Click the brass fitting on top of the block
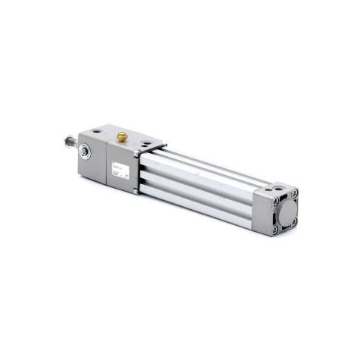click(121, 136)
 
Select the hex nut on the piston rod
click(72, 144)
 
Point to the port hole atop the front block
click(143, 143)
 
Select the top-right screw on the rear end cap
click(295, 193)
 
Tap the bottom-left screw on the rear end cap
click(274, 228)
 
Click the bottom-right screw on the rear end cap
click(293, 221)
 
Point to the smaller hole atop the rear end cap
click(265, 187)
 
